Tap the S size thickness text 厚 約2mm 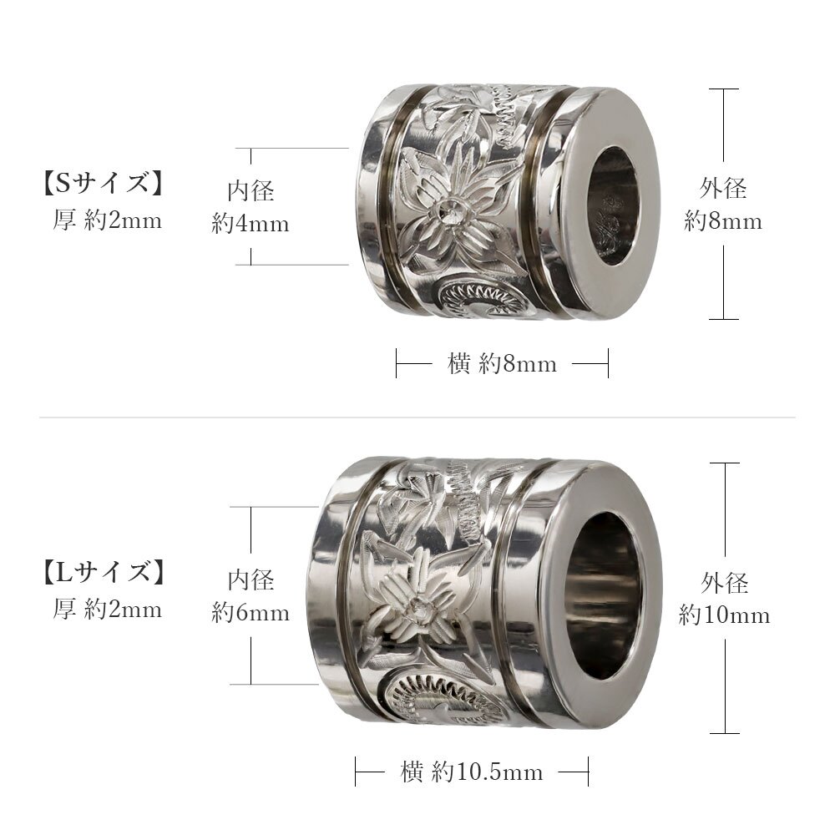pyautogui.click(x=107, y=220)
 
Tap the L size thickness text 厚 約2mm pyautogui.click(x=107, y=608)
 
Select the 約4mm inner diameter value pyautogui.click(x=250, y=223)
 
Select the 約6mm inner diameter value pyautogui.click(x=250, y=612)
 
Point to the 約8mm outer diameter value pyautogui.click(x=723, y=220)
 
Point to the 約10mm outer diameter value pyautogui.click(x=724, y=615)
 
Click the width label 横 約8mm pyautogui.click(x=502, y=364)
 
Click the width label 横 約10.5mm pyautogui.click(x=472, y=772)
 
